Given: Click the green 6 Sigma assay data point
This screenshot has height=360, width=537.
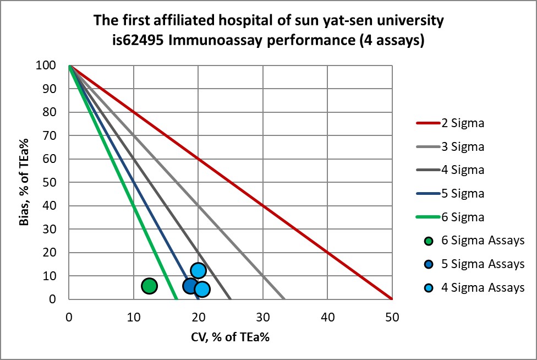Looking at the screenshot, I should pyautogui.click(x=149, y=286).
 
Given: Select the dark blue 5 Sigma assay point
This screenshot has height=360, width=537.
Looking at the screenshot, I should pyautogui.click(x=190, y=286).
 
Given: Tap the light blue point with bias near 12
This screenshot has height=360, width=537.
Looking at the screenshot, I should pyautogui.click(x=198, y=270).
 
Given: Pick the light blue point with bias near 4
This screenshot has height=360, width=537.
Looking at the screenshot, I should pyautogui.click(x=202, y=289).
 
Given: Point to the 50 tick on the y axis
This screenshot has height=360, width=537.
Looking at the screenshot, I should pyautogui.click(x=57, y=182).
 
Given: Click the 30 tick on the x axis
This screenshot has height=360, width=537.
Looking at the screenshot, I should pyautogui.click(x=263, y=317).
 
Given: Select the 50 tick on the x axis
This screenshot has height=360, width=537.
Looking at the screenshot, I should pyautogui.click(x=392, y=317).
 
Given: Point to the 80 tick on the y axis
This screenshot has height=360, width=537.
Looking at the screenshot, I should pyautogui.click(x=57, y=112).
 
